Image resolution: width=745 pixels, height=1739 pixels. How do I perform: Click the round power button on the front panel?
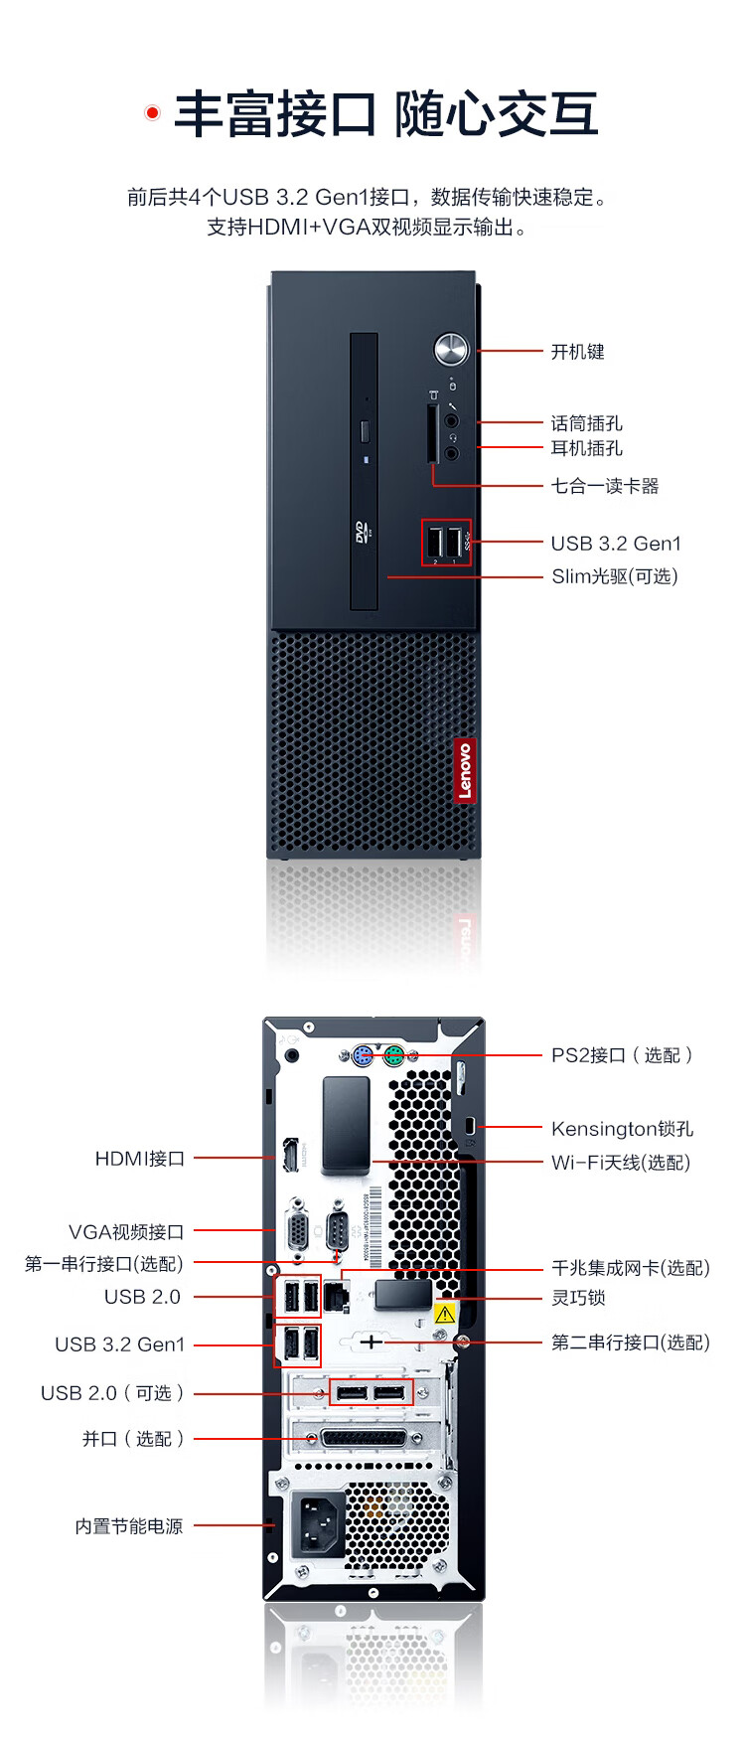tap(451, 349)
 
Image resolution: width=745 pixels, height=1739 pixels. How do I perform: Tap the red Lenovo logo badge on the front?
tap(464, 770)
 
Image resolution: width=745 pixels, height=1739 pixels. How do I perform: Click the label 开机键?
tap(577, 352)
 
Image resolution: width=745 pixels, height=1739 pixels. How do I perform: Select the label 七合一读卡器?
tap(605, 486)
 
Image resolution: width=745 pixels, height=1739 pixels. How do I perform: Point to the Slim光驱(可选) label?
tap(614, 576)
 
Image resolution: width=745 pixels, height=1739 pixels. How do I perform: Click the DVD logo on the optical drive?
tap(363, 532)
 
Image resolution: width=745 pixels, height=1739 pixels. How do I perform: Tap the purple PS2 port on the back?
tap(363, 1055)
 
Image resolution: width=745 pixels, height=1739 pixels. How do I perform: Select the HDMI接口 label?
tap(139, 1159)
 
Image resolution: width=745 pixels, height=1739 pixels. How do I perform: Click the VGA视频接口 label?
tap(126, 1232)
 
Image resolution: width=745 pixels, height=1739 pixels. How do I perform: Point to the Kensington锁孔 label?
tap(622, 1129)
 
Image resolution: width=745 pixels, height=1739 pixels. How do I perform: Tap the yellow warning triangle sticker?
tap(444, 1314)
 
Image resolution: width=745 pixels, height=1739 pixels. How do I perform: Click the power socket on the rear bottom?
tap(318, 1523)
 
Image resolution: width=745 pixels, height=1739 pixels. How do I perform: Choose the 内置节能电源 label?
tap(129, 1526)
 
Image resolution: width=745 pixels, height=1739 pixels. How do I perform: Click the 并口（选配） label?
tap(132, 1439)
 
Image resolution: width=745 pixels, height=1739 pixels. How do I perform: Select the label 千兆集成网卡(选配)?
tap(630, 1268)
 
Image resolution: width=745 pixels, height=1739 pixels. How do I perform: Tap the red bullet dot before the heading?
tap(152, 113)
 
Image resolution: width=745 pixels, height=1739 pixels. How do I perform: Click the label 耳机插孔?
tap(586, 448)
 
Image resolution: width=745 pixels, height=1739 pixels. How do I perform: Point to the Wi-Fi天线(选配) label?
tap(620, 1163)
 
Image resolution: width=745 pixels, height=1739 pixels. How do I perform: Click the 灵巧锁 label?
tap(578, 1298)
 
